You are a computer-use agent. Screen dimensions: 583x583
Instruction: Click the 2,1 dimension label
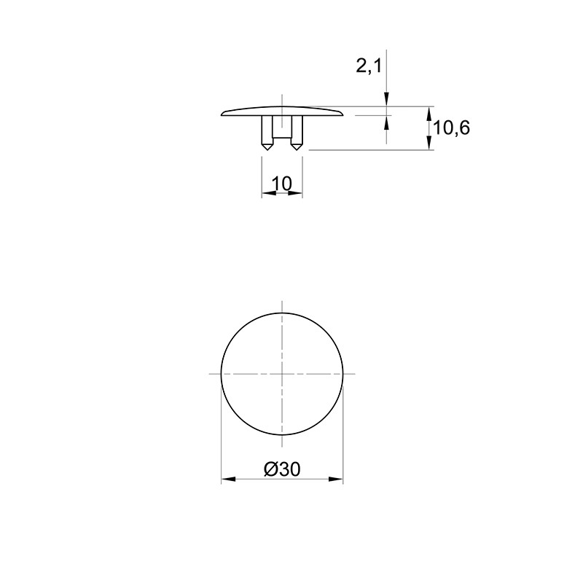(369, 67)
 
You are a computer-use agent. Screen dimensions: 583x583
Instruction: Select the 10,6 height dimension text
(451, 129)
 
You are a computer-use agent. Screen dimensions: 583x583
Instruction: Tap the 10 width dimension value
(282, 184)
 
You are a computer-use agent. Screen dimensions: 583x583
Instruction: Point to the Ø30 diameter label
(282, 469)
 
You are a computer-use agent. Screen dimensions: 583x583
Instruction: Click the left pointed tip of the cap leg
(267, 150)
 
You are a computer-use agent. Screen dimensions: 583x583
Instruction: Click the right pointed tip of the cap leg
(296, 150)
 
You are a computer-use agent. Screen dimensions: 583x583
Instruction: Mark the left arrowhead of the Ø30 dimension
(228, 479)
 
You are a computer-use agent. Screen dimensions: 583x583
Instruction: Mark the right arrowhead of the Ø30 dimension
(336, 479)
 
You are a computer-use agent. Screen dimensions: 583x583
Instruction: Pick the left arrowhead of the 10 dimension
(268, 193)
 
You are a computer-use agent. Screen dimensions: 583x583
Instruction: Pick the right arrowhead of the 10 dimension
(295, 193)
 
